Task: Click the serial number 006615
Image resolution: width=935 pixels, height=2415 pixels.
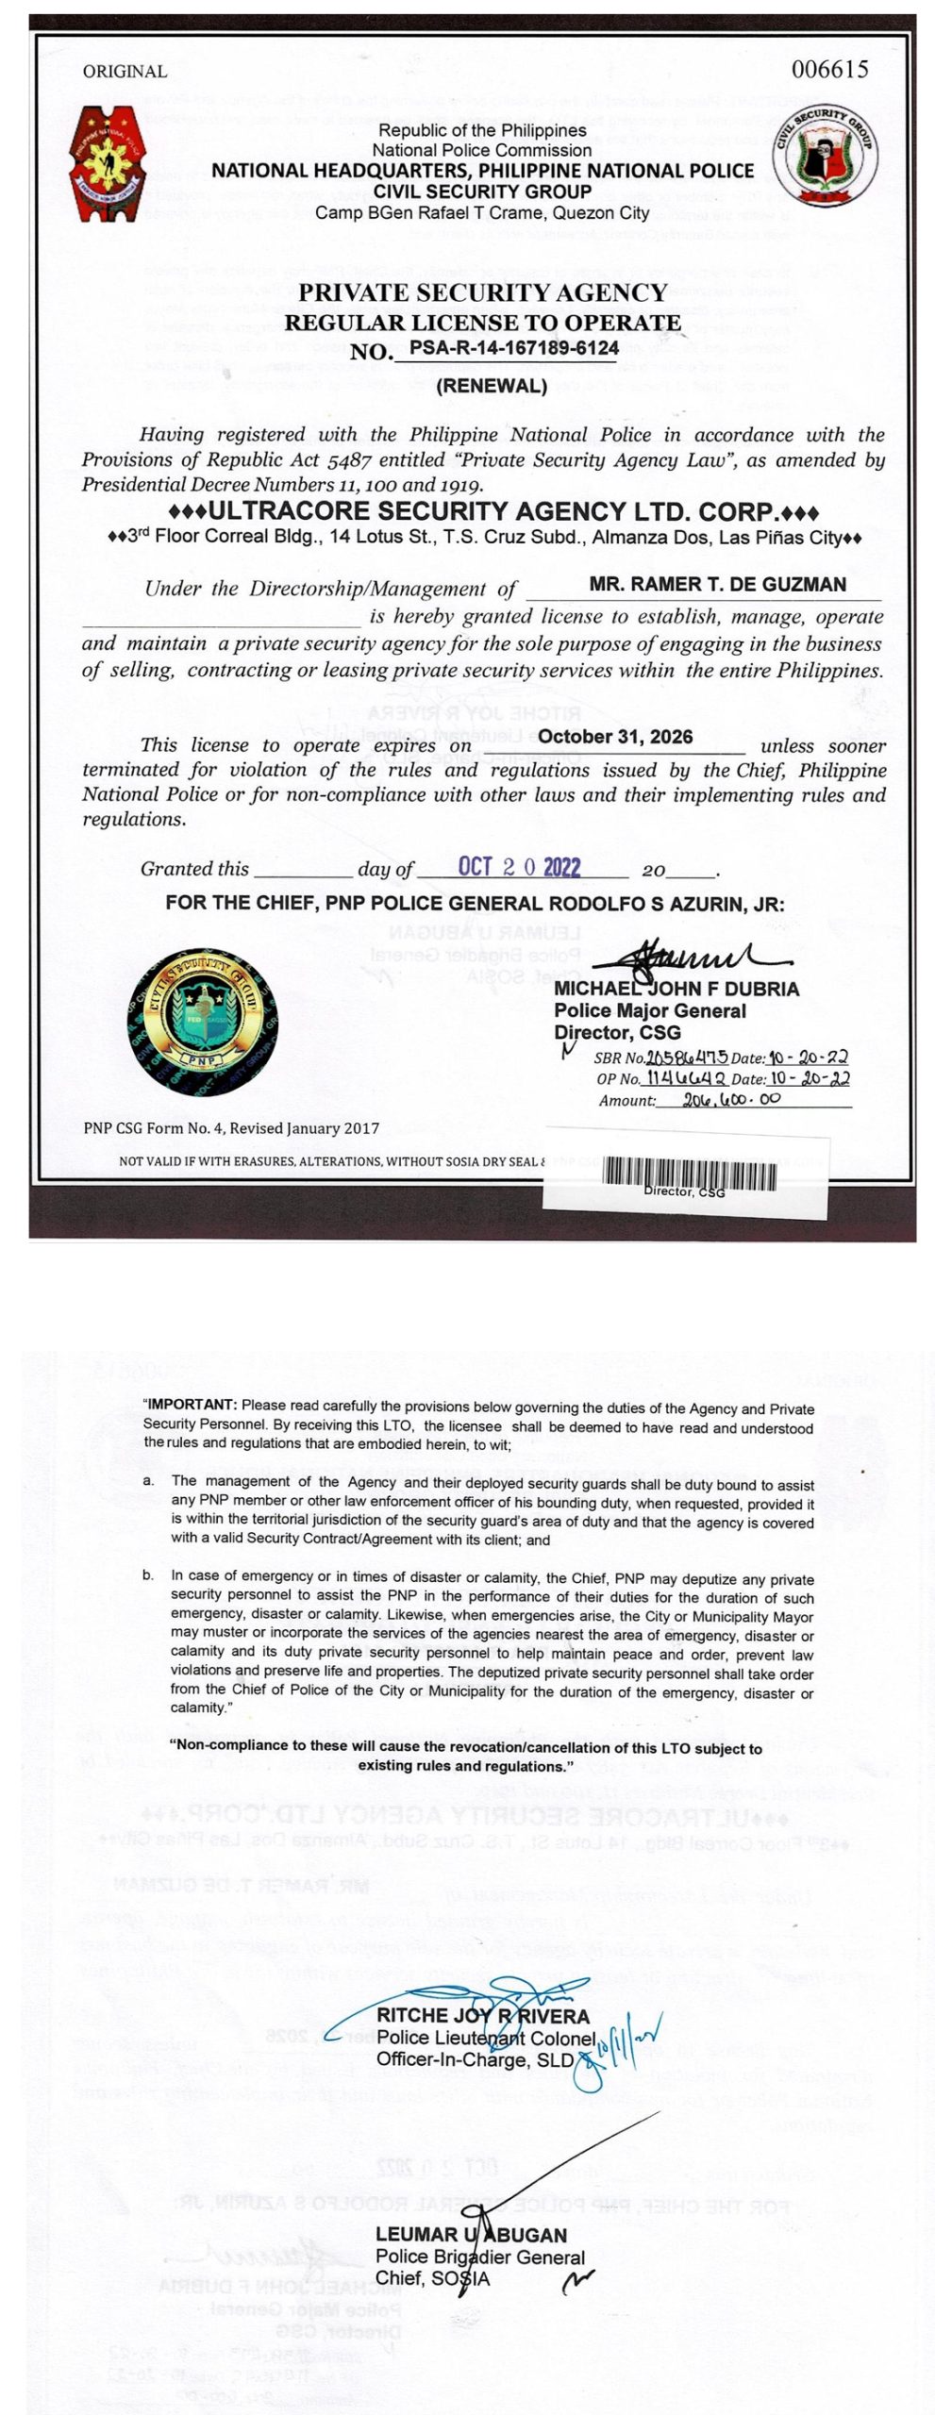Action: (830, 70)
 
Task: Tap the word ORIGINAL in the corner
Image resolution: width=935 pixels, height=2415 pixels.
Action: (125, 72)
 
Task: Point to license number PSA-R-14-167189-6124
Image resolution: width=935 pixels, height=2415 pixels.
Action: (514, 348)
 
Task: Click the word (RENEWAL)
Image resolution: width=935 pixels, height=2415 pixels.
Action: (492, 385)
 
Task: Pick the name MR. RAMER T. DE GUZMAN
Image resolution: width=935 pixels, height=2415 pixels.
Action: (717, 584)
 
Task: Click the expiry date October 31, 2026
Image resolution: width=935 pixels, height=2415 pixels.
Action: (615, 737)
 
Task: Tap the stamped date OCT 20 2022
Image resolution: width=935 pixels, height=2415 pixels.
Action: (519, 867)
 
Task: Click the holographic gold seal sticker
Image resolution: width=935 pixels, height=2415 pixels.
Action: (204, 1022)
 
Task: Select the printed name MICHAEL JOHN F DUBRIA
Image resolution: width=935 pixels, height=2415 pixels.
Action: (676, 989)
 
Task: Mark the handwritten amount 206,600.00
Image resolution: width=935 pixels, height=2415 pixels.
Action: (731, 1100)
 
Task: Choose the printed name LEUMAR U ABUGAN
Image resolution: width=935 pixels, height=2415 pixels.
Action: (471, 2235)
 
